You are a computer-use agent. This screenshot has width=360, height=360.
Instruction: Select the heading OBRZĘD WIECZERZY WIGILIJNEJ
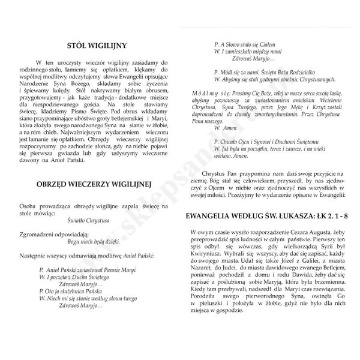point(97,182)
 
